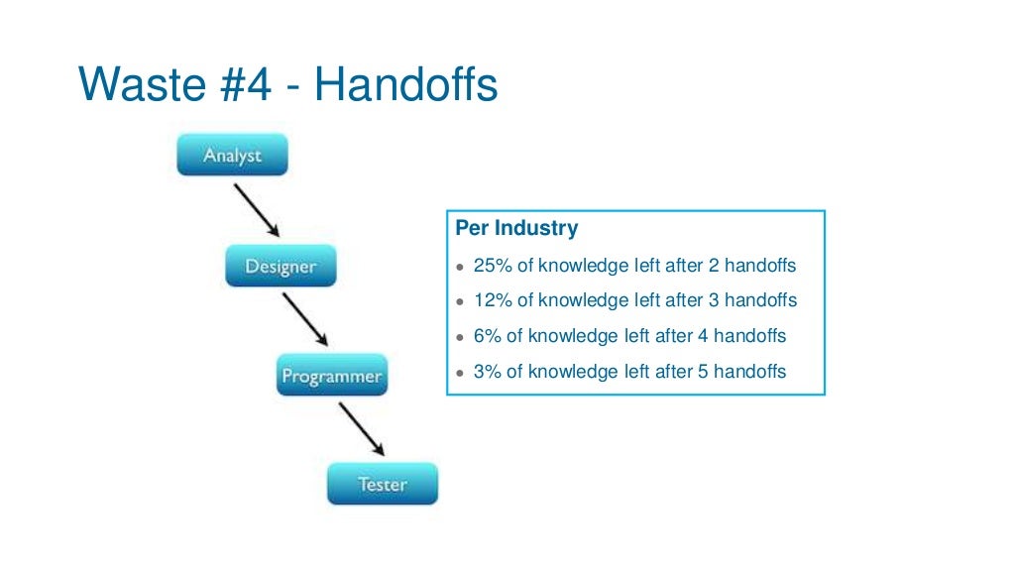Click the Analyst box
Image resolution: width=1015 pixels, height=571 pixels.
click(232, 156)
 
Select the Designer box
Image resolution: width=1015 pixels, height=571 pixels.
click(281, 267)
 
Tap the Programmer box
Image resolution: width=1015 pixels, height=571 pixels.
click(331, 377)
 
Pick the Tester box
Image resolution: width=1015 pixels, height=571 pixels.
click(382, 485)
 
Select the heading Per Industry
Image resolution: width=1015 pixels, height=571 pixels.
click(516, 228)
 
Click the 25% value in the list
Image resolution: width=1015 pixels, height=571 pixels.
click(493, 266)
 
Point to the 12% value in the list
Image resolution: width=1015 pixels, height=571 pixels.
click(493, 300)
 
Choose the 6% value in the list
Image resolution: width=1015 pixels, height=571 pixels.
click(488, 336)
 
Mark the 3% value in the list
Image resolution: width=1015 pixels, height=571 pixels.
click(488, 372)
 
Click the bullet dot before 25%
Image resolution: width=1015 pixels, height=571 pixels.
click(460, 268)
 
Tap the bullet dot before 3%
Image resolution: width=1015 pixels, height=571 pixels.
click(460, 374)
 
